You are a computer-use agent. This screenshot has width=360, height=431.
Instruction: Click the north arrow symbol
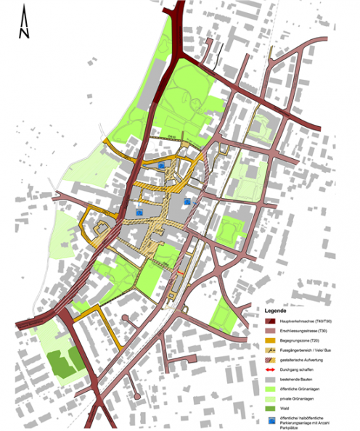click(24, 16)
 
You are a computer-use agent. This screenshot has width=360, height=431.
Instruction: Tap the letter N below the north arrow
click(24, 33)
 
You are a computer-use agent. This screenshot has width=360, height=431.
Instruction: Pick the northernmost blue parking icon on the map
click(160, 165)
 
